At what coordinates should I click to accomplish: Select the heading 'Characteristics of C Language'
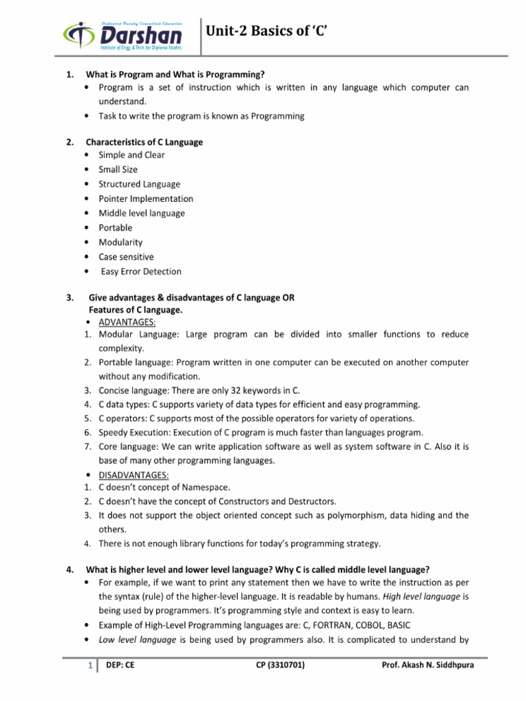[x=144, y=142]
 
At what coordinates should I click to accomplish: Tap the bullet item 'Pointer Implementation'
[x=146, y=199]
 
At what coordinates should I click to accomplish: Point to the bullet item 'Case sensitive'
[x=126, y=257]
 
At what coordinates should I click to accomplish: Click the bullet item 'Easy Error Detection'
[x=142, y=271]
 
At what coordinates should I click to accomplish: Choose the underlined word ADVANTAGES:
[x=127, y=321]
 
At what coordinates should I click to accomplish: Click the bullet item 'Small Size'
[x=118, y=169]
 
